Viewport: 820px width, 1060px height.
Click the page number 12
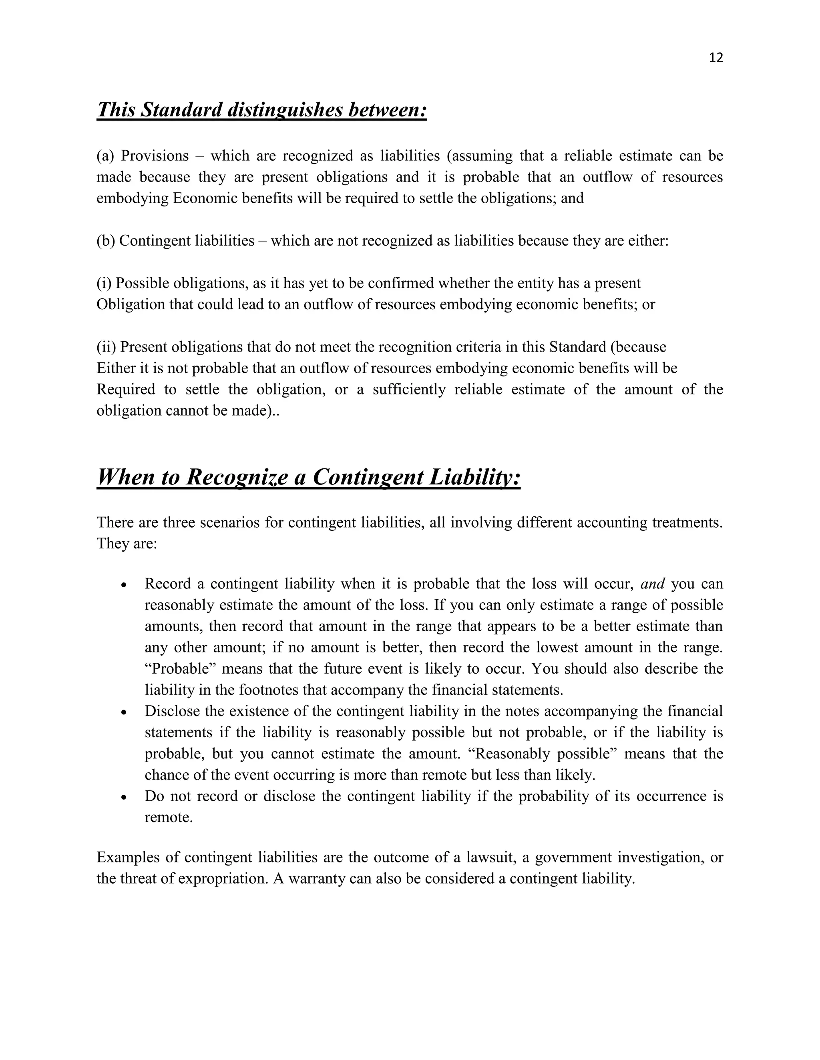coord(716,58)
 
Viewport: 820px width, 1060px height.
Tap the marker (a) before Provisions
coord(105,156)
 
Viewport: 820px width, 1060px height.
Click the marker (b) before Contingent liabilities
coord(105,241)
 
